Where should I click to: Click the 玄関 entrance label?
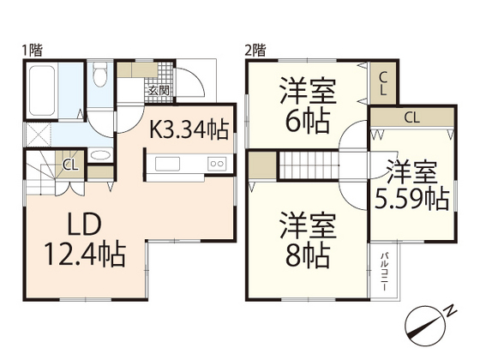click(159, 90)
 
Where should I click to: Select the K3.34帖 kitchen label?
click(189, 130)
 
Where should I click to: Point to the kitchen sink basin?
click(166, 165)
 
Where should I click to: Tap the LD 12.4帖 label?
click(86, 241)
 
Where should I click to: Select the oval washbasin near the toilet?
click(100, 156)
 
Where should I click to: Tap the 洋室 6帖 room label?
click(306, 105)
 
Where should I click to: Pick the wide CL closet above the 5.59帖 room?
click(411, 117)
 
